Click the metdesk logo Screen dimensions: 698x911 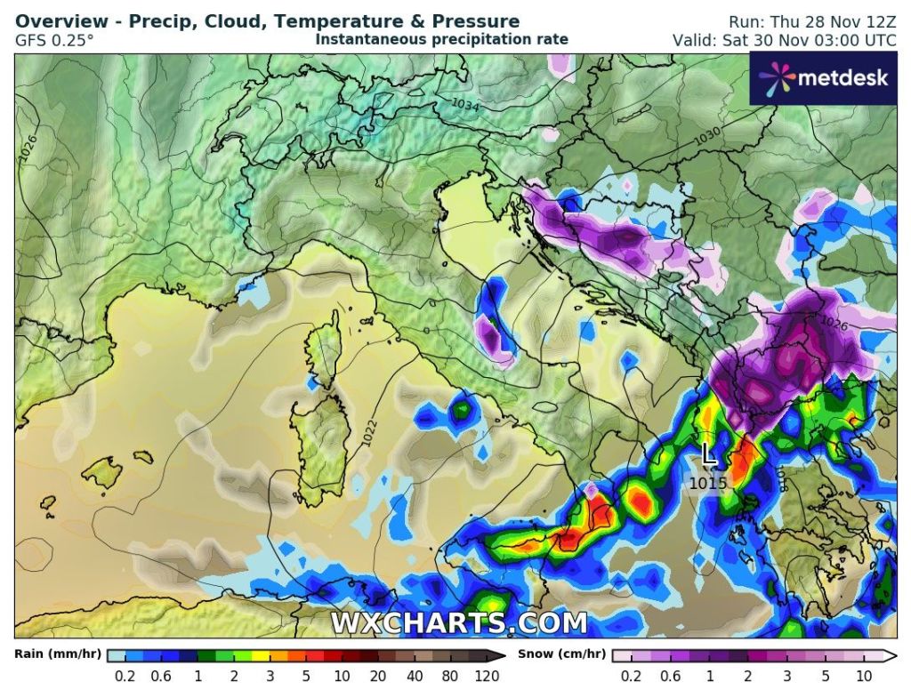click(823, 77)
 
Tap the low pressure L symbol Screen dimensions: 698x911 click(708, 454)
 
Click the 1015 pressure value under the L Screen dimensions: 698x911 click(708, 483)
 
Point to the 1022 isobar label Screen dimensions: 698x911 click(369, 431)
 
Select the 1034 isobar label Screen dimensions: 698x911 click(465, 105)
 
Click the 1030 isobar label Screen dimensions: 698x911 click(707, 136)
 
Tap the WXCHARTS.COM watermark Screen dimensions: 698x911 click(458, 622)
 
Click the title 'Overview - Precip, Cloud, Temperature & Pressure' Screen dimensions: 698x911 click(267, 21)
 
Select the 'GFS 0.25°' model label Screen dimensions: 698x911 click(53, 40)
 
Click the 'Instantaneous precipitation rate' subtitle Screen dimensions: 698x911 click(441, 40)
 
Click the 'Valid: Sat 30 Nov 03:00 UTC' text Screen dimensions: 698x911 click(785, 40)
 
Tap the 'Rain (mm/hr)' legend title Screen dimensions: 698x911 click(56, 654)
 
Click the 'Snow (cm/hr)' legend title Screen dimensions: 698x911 click(565, 654)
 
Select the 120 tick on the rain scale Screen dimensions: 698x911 click(488, 676)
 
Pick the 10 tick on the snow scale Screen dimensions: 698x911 click(864, 676)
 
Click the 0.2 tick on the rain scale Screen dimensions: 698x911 click(125, 676)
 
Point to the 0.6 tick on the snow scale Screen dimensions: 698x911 click(671, 676)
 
